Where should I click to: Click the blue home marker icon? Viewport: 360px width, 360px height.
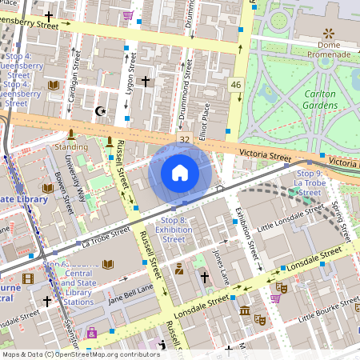coord(180,173)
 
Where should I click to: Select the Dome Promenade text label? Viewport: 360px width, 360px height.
coord(328,49)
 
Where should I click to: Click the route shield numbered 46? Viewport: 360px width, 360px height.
coord(235,85)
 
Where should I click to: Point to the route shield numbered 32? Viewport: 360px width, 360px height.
coord(185,139)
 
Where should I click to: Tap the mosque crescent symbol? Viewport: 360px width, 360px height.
coord(100,111)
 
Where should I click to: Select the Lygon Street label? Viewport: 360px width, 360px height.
coord(130,89)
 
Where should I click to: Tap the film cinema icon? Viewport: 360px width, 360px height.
coord(28,278)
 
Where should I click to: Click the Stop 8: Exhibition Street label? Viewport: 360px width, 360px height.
coord(174,230)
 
